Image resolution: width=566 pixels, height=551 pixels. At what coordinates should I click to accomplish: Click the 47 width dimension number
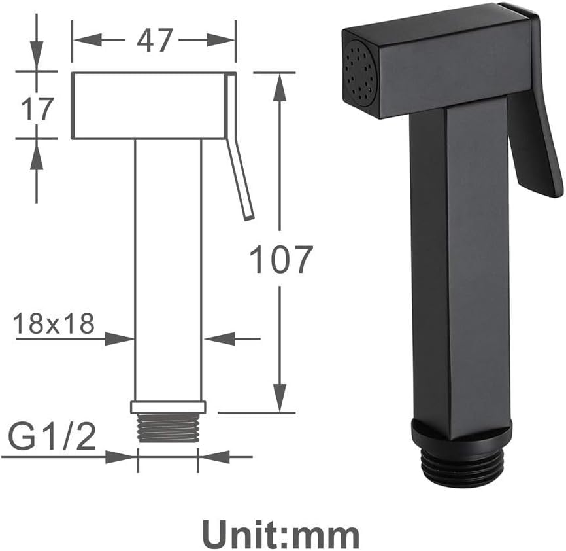click(154, 41)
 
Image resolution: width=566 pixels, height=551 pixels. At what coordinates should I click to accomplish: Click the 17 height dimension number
click(36, 108)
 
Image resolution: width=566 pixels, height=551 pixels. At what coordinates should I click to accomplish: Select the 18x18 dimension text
click(54, 324)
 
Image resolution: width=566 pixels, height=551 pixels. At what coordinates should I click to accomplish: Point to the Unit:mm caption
click(281, 533)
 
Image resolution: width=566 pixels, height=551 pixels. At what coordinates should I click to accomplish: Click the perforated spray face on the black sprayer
click(361, 71)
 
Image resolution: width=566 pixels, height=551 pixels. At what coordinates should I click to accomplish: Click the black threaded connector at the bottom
click(462, 466)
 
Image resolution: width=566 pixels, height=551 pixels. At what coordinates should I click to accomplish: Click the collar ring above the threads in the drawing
click(168, 406)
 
